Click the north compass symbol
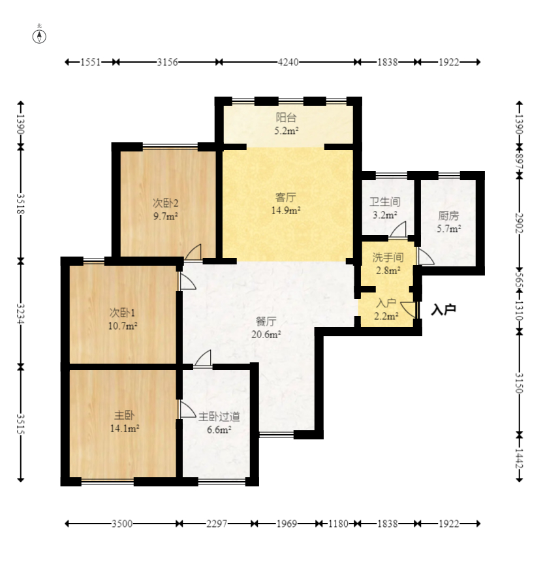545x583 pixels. click(39, 36)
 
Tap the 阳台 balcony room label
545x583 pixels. click(286, 118)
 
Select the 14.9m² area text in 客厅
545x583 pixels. click(285, 210)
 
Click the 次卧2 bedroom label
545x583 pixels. click(165, 203)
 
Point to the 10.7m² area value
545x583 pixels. click(123, 326)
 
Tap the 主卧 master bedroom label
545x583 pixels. click(124, 415)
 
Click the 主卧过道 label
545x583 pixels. click(219, 417)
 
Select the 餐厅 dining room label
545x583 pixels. click(266, 321)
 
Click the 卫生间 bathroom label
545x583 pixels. click(385, 202)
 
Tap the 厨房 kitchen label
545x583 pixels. click(448, 215)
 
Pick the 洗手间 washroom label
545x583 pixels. click(388, 257)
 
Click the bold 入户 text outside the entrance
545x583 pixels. click(444, 309)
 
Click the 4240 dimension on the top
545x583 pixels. click(288, 62)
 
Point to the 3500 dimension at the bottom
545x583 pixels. click(122, 524)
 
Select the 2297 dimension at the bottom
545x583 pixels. click(217, 524)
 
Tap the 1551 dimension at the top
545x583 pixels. click(91, 62)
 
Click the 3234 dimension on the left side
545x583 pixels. click(21, 314)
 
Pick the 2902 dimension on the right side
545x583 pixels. click(520, 223)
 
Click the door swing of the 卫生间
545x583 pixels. click(398, 228)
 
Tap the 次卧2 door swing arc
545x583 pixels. click(193, 252)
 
